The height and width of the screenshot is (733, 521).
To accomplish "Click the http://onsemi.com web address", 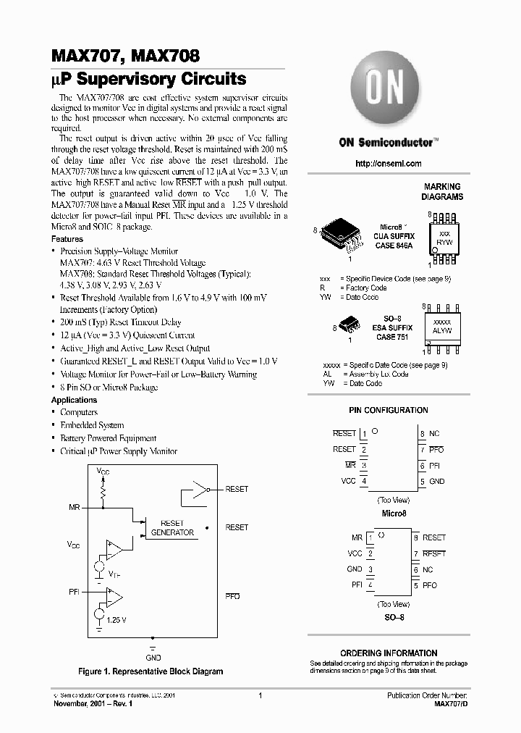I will [388, 164].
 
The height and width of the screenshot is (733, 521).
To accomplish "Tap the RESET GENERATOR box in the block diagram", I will [172, 527].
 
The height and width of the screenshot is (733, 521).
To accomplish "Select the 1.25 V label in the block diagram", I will [115, 620].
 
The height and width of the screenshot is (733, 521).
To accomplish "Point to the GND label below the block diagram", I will [153, 658].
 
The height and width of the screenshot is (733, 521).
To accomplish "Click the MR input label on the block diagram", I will [74, 507].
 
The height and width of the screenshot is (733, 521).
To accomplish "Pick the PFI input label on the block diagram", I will [74, 592].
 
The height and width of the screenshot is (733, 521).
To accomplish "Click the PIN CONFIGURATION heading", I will [388, 410].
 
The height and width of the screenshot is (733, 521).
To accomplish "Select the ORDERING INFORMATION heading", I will [389, 653].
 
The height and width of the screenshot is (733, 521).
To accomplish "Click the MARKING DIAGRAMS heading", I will [443, 191].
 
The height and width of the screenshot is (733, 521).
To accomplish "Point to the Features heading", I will [67, 239].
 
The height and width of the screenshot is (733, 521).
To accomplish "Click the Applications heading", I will [74, 400].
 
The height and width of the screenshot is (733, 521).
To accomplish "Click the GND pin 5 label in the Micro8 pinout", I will [436, 481].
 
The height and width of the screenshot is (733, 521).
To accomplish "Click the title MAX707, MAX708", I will [125, 56].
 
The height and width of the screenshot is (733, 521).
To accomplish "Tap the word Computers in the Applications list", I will [79, 412].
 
